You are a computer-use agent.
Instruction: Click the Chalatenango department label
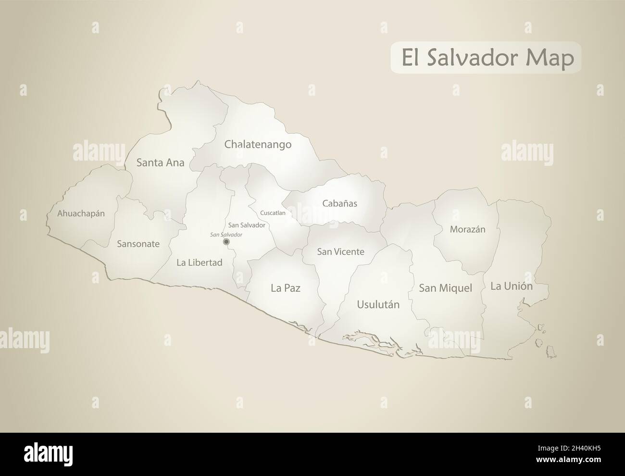258,144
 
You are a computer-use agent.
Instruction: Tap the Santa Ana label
160,163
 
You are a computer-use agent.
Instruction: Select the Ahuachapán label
81,213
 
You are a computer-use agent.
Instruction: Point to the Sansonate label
138,244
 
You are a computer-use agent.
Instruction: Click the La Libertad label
199,263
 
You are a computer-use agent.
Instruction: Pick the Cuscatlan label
273,213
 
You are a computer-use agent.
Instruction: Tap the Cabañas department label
339,203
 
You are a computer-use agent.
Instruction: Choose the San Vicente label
340,251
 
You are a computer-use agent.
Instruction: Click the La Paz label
286,288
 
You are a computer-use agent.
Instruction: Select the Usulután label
378,304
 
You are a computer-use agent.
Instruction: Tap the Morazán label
467,229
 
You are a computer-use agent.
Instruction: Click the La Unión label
512,287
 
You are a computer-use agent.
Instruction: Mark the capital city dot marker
226,241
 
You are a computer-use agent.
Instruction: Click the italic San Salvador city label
226,234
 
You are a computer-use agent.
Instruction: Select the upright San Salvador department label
247,225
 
